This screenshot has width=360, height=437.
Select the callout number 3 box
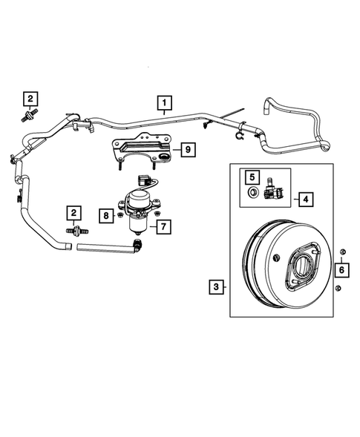[x=216, y=286]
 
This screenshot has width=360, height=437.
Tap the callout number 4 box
[x=304, y=199]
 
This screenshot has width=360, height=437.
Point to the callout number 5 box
[x=252, y=178]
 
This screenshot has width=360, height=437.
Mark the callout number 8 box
[x=106, y=215]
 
